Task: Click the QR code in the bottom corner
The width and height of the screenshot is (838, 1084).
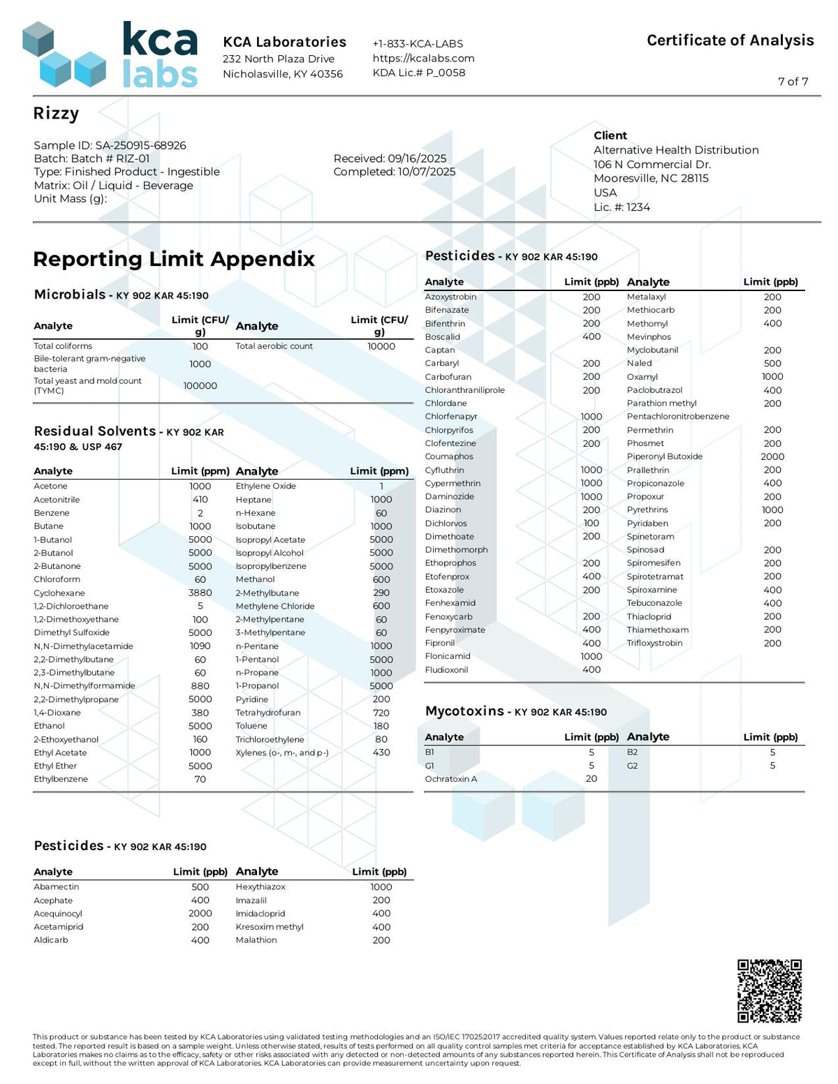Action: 770,991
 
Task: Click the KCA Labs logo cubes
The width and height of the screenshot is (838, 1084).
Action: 64,55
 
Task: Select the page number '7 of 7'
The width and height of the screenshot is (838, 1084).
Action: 793,82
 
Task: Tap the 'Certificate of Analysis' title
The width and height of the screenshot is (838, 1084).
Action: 730,40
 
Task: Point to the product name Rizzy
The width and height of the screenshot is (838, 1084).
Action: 56,114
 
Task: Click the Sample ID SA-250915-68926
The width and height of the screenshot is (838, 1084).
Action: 110,145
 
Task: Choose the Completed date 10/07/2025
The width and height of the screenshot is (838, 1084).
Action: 394,172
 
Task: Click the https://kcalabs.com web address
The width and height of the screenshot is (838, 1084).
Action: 423,58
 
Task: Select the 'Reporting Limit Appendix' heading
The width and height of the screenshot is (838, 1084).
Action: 174,259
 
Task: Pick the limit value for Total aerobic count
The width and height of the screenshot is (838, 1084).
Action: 381,346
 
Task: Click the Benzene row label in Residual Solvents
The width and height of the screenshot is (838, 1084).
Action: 52,513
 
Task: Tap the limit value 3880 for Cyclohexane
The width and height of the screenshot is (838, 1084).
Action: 200,593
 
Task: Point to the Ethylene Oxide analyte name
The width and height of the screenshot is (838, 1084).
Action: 265,487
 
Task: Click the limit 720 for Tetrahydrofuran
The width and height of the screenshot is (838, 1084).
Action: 381,713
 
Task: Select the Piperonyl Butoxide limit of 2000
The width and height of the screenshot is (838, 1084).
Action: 772,456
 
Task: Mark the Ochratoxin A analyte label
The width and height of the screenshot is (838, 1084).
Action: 450,779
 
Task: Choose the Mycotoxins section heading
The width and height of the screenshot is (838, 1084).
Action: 464,711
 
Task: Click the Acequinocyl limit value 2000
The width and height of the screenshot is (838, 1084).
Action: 200,914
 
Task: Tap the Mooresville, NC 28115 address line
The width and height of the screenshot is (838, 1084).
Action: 651,178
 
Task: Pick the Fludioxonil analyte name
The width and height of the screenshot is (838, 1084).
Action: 446,670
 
